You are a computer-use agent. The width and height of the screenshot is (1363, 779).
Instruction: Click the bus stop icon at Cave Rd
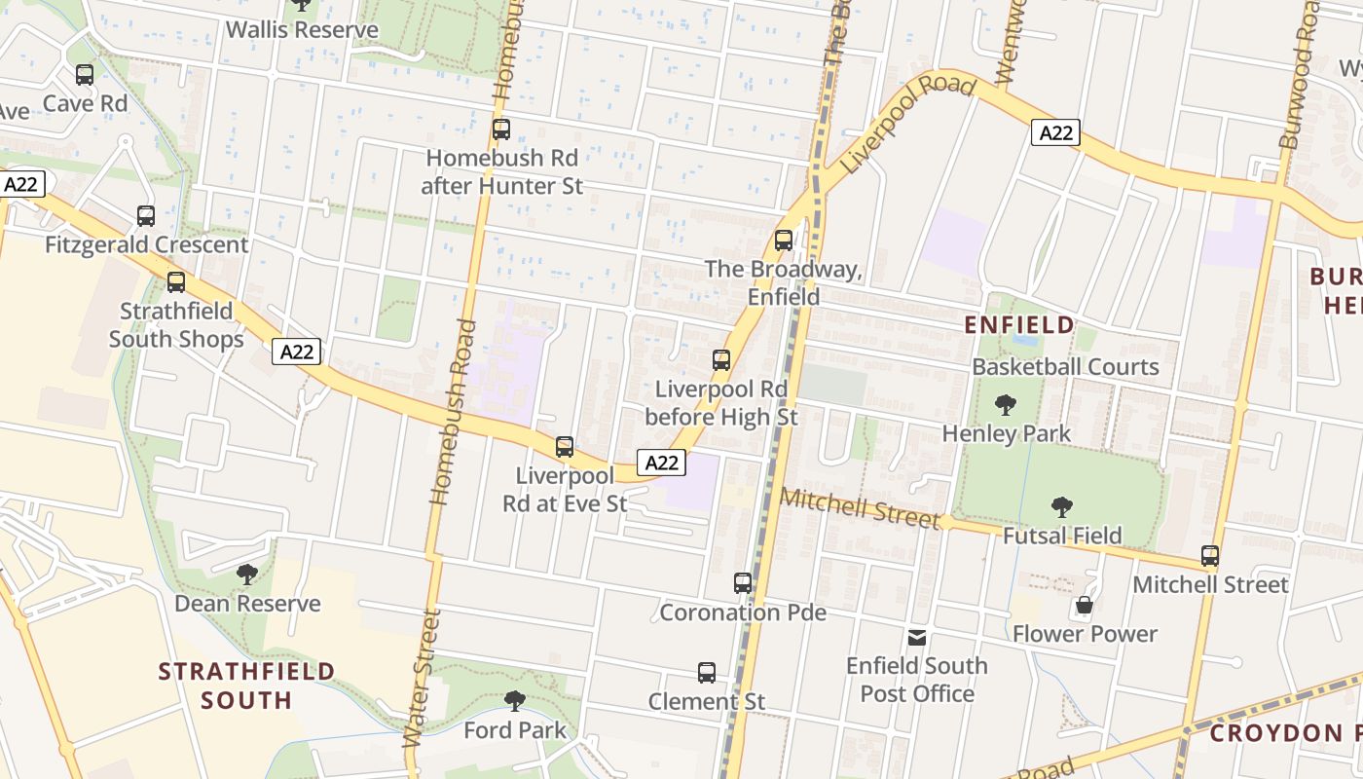[x=85, y=75]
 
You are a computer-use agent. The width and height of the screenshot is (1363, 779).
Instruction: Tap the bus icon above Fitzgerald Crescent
[x=146, y=216]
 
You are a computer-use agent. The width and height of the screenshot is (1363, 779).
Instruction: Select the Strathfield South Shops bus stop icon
[x=176, y=282]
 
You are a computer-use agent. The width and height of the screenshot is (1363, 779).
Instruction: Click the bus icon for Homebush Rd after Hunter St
[x=501, y=130]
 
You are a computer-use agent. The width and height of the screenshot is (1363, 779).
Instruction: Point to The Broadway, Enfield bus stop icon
[x=784, y=241]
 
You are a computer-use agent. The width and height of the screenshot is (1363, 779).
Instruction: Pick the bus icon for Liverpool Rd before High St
[x=721, y=360]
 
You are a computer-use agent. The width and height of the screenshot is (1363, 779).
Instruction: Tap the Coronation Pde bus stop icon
[x=743, y=583]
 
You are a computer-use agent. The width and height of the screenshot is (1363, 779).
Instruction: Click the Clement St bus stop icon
[x=707, y=673]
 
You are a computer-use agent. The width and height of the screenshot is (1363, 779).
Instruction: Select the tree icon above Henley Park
[x=1006, y=405]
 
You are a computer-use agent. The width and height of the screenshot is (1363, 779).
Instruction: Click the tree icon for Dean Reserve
[x=247, y=575]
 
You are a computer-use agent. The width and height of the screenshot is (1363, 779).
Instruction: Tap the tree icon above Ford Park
[x=515, y=700]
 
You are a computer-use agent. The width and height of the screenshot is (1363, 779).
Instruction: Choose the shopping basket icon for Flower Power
[x=1085, y=606]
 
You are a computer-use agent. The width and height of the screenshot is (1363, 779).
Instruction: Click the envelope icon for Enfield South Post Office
[x=917, y=638]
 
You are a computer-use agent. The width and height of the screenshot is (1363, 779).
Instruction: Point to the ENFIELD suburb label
[x=1019, y=324]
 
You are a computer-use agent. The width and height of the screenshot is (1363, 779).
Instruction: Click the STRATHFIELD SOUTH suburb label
[x=246, y=686]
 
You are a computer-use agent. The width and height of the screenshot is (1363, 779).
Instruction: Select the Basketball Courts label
[x=1065, y=367]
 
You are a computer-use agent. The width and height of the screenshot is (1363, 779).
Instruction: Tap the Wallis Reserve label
[x=302, y=30]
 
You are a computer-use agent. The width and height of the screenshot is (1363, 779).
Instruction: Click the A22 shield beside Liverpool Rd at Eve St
[x=660, y=463]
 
